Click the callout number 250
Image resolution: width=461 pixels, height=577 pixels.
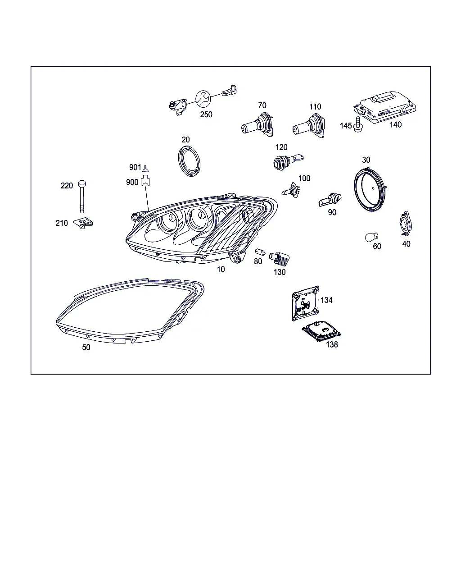pos(206,114)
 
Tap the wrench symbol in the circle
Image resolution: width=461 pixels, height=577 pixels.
pos(203,99)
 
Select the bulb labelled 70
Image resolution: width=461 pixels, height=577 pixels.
pos(258,125)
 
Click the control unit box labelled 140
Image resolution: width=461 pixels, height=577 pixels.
pos(385,107)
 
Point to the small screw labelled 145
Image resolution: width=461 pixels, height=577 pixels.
pos(357,125)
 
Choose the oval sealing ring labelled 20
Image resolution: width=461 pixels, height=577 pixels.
pos(189,161)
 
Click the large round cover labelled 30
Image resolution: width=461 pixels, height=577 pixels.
pos(371,189)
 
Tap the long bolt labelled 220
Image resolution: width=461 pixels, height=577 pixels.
pos(82,197)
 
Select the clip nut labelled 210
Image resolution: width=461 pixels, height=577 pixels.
pos(83,223)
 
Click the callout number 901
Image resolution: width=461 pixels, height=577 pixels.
pos(135,167)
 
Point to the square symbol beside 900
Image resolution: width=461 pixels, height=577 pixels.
pos(145,180)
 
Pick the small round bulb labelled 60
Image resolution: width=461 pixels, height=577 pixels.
pos(371,237)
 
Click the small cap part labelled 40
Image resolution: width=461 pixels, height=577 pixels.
pos(405,224)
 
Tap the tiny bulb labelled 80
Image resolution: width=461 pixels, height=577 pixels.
pos(260,252)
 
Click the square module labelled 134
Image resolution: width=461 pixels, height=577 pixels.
pos(305,303)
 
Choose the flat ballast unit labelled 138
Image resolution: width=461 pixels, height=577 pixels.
pos(321,331)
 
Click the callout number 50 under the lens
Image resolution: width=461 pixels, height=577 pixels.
pos(86,348)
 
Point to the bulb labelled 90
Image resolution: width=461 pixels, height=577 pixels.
pos(330,200)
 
